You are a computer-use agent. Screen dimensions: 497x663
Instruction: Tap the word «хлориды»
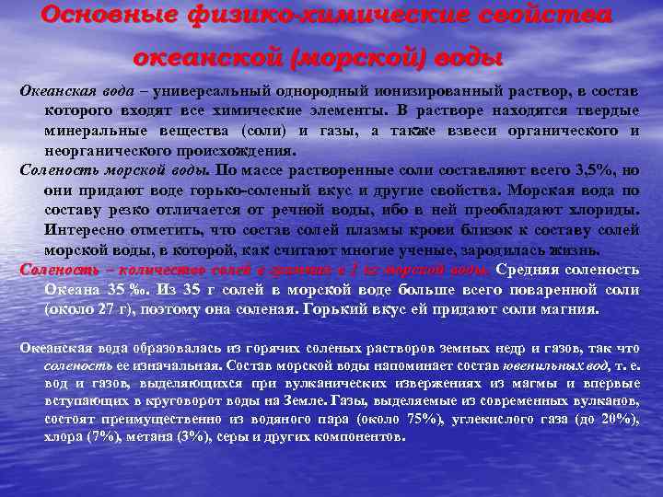(607, 208)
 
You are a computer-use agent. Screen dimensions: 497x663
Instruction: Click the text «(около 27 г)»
(93, 309)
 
